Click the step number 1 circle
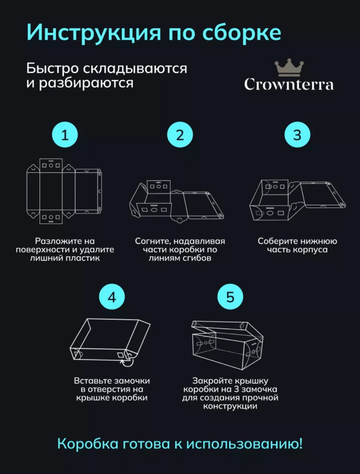click(x=65, y=135)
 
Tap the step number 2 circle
click(x=180, y=135)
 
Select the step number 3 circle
click(x=297, y=135)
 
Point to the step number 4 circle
click(x=112, y=297)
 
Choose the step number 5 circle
click(x=230, y=297)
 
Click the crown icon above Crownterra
click(x=289, y=68)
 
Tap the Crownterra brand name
click(x=289, y=84)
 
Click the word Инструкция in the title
click(x=94, y=33)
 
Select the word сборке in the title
click(x=242, y=33)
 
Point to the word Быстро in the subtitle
click(x=52, y=68)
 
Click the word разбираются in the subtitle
click(x=86, y=83)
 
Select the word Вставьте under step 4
click(x=92, y=381)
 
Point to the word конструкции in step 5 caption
click(x=230, y=406)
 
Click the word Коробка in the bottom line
click(x=88, y=444)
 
